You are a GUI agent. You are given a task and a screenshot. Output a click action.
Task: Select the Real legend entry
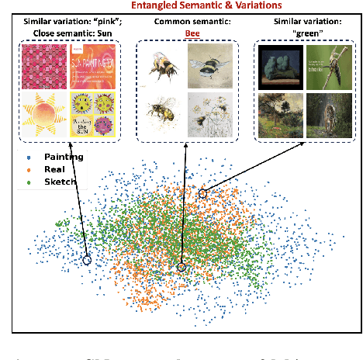click(52, 168)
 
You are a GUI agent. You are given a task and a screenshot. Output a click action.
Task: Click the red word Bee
click(183, 34)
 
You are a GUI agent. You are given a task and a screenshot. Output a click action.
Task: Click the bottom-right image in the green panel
click(326, 115)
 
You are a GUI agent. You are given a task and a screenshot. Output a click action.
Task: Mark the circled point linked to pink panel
click(88, 261)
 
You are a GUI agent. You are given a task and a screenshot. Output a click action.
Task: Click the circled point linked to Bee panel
click(181, 268)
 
